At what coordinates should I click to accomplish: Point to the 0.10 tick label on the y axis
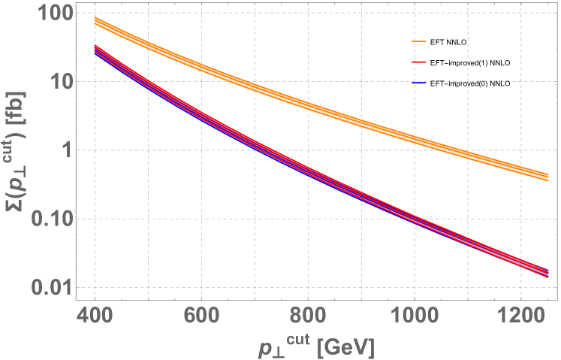[x=52, y=219]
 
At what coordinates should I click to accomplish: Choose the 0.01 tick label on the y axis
[x=52, y=288]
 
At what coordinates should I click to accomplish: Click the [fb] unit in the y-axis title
[x=16, y=84]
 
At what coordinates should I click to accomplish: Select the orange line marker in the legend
[x=419, y=41]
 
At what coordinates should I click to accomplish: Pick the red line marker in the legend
[x=419, y=62]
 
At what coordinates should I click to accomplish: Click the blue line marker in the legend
[x=419, y=82]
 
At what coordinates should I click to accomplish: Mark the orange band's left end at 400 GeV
[x=95, y=22]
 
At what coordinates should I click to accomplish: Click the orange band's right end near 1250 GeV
[x=548, y=176]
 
